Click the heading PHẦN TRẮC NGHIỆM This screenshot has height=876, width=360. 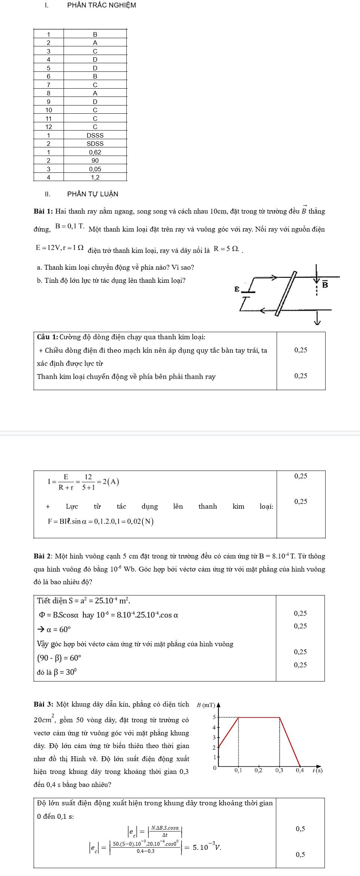pos(101,5)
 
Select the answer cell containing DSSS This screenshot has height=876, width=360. pos(95,135)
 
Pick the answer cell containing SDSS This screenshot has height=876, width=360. pos(95,144)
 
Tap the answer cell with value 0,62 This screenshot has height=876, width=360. pos(95,152)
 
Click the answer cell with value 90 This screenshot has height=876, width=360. pos(95,160)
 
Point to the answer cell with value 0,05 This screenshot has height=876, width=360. pos(95,169)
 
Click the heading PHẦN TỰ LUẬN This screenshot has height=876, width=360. pos(92,194)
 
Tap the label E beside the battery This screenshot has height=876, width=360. pos(236,289)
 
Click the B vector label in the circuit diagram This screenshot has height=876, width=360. pos(325,285)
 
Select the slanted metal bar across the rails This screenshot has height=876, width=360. pos(286,294)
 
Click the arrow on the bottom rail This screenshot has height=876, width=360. pos(263,310)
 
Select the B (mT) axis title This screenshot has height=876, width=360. pos(206,705)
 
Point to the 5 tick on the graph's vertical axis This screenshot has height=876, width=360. pos(214,717)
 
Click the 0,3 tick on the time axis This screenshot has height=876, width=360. pos(280,771)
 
